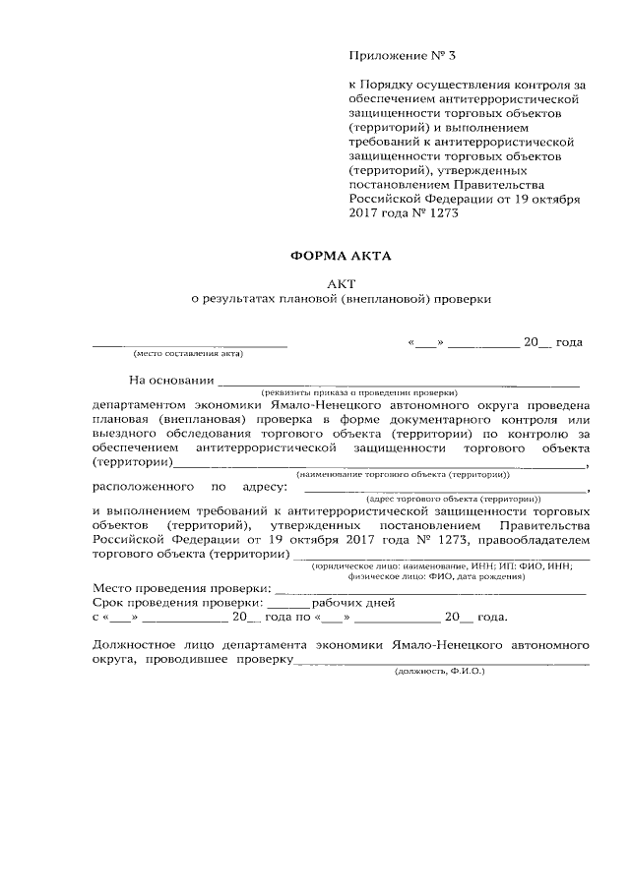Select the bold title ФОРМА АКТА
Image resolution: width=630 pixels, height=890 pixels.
tap(340, 257)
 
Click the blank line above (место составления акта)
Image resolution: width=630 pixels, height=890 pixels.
tap(190, 343)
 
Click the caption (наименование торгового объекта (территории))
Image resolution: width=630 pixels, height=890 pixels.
tap(400, 474)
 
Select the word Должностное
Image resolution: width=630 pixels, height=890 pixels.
tap(135, 645)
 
